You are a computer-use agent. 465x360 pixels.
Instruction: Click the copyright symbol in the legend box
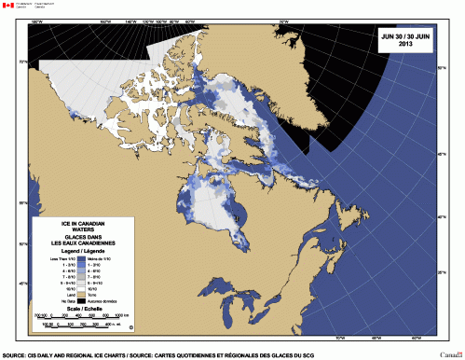[130, 327]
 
